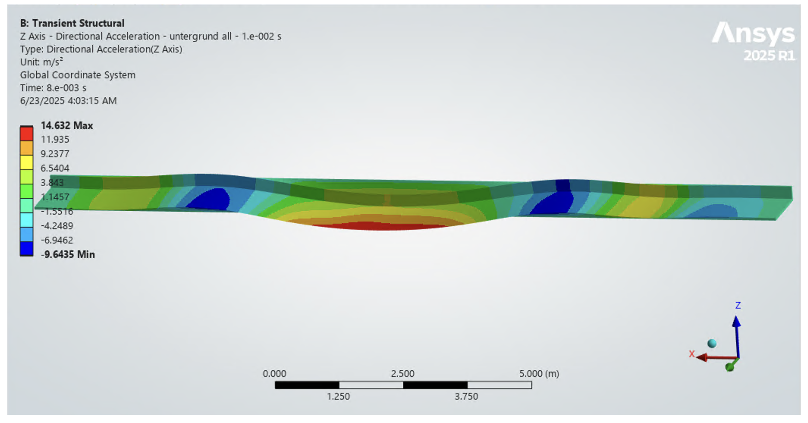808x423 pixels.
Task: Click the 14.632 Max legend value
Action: pos(67,125)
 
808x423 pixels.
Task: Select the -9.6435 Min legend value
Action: pos(68,254)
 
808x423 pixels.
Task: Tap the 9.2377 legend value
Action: pos(55,154)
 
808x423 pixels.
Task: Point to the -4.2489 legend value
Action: pos(57,226)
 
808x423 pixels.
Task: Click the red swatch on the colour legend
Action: pos(27,134)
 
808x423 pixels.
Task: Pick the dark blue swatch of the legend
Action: pos(27,249)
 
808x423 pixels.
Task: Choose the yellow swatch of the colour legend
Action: pos(27,162)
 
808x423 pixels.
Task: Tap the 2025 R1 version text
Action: pos(769,56)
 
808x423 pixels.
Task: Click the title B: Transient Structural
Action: pos(72,23)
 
